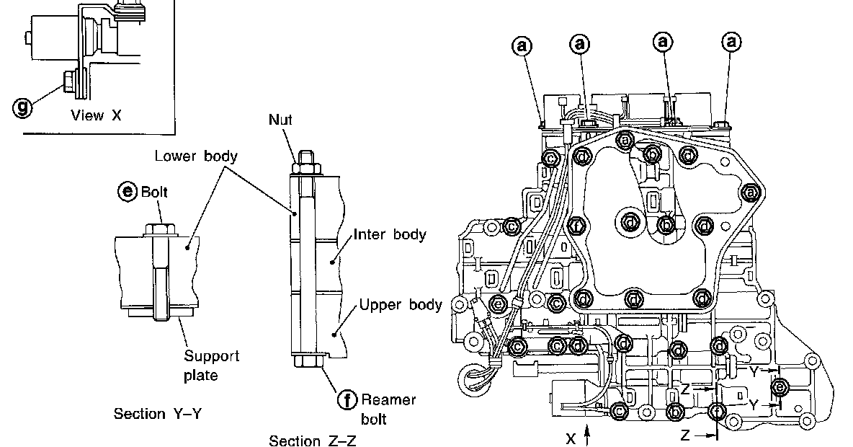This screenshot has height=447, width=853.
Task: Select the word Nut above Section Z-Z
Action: click(281, 120)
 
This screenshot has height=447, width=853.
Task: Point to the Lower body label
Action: click(196, 156)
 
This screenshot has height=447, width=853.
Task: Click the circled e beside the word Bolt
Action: click(127, 192)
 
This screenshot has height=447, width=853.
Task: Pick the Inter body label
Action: click(390, 234)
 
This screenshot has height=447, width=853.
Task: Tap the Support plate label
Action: click(212, 366)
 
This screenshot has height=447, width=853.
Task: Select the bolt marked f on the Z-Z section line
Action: click(718, 411)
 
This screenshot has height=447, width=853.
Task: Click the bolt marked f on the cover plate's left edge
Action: click(576, 225)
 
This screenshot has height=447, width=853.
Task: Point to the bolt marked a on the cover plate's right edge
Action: click(750, 192)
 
